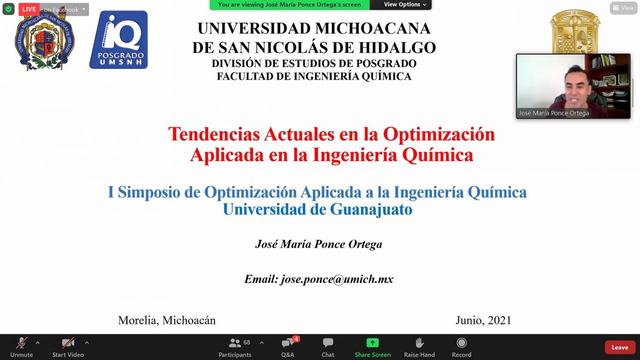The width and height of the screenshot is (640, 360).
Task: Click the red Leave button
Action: (620, 348)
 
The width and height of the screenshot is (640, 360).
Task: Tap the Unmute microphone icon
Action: (22, 343)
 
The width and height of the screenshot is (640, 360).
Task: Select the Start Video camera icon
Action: (68, 343)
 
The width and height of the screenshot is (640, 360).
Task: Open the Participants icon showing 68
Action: (235, 342)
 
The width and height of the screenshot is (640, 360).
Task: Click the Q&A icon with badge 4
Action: (288, 342)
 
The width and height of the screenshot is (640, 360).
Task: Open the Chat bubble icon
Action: (328, 342)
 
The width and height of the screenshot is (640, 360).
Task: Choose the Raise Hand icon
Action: (420, 342)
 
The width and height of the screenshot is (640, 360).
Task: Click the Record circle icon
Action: (462, 342)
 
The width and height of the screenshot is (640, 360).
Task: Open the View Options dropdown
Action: (404, 4)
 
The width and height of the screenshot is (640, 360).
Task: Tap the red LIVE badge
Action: (29, 9)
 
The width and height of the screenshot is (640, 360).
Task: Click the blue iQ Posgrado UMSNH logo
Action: (119, 40)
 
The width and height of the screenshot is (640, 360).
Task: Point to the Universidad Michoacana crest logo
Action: (44, 40)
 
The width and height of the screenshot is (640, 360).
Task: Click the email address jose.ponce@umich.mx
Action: (337, 279)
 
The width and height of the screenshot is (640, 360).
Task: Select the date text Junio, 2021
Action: (483, 320)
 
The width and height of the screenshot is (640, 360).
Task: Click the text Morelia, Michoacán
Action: (167, 320)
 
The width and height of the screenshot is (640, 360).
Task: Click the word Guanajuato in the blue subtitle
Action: (371, 210)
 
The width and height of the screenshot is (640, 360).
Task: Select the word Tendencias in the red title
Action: (214, 134)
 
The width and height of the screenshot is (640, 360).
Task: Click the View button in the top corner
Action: (624, 8)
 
